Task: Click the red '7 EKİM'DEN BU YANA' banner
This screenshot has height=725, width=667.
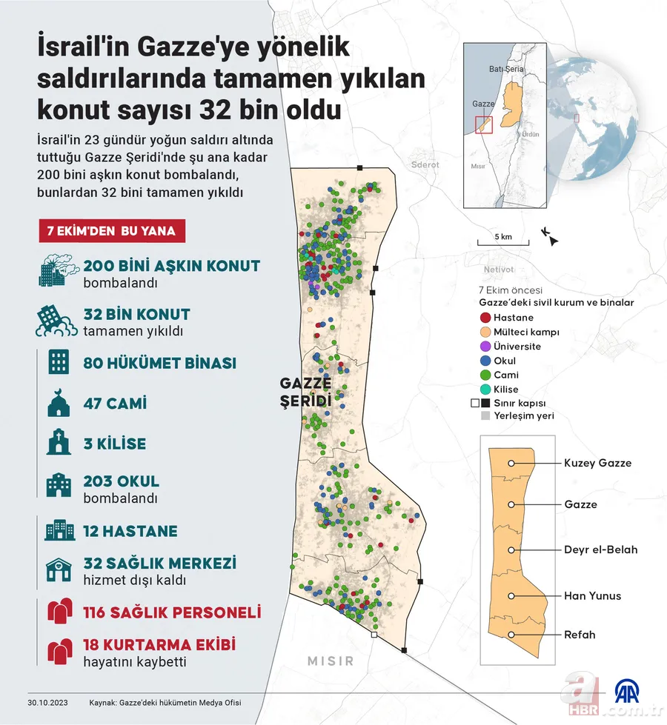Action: pyautogui.click(x=112, y=231)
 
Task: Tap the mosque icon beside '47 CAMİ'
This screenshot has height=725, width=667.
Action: pyautogui.click(x=59, y=404)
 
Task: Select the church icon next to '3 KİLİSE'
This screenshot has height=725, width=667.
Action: pyautogui.click(x=59, y=444)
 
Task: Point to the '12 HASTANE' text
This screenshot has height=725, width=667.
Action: pyautogui.click(x=130, y=531)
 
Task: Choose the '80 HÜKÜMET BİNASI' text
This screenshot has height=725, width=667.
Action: pyautogui.click(x=160, y=364)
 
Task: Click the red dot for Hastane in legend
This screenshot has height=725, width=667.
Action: pyautogui.click(x=485, y=318)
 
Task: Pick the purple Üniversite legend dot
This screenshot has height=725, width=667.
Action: pyautogui.click(x=485, y=346)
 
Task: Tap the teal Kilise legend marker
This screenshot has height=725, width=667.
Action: pyautogui.click(x=485, y=389)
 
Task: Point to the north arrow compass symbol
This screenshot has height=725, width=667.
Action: pyautogui.click(x=550, y=236)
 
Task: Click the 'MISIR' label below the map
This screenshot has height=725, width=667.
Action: pyautogui.click(x=331, y=661)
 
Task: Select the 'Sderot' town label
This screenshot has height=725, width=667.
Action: pyautogui.click(x=425, y=164)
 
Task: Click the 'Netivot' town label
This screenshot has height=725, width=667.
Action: pyautogui.click(x=497, y=270)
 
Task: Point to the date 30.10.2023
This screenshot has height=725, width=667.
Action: pyautogui.click(x=48, y=703)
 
